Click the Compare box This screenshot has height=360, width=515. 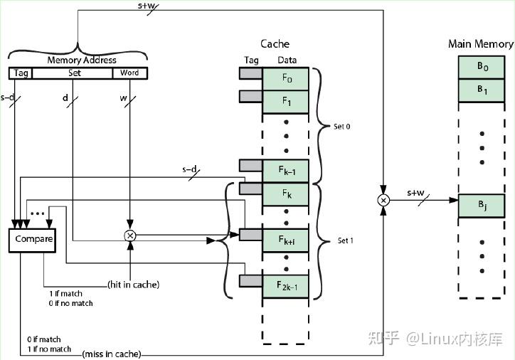click(x=34, y=239)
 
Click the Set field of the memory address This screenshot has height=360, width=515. click(x=74, y=73)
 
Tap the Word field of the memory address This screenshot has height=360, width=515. click(x=129, y=73)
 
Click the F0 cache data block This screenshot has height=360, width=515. click(x=286, y=77)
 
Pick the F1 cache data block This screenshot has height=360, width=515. click(x=286, y=102)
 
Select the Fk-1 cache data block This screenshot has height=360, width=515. click(x=286, y=171)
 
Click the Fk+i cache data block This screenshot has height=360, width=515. click(x=286, y=240)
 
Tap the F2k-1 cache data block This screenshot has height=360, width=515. click(x=286, y=285)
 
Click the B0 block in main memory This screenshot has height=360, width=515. click(x=482, y=67)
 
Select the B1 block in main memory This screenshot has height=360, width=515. click(x=482, y=90)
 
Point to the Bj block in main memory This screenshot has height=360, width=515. click(x=482, y=206)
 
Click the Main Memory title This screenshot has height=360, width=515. click(x=480, y=44)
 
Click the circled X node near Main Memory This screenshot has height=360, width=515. click(x=383, y=201)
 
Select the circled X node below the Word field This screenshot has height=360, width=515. click(x=130, y=235)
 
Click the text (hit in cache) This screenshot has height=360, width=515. click(x=134, y=285)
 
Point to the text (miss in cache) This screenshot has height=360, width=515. click(x=112, y=354)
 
